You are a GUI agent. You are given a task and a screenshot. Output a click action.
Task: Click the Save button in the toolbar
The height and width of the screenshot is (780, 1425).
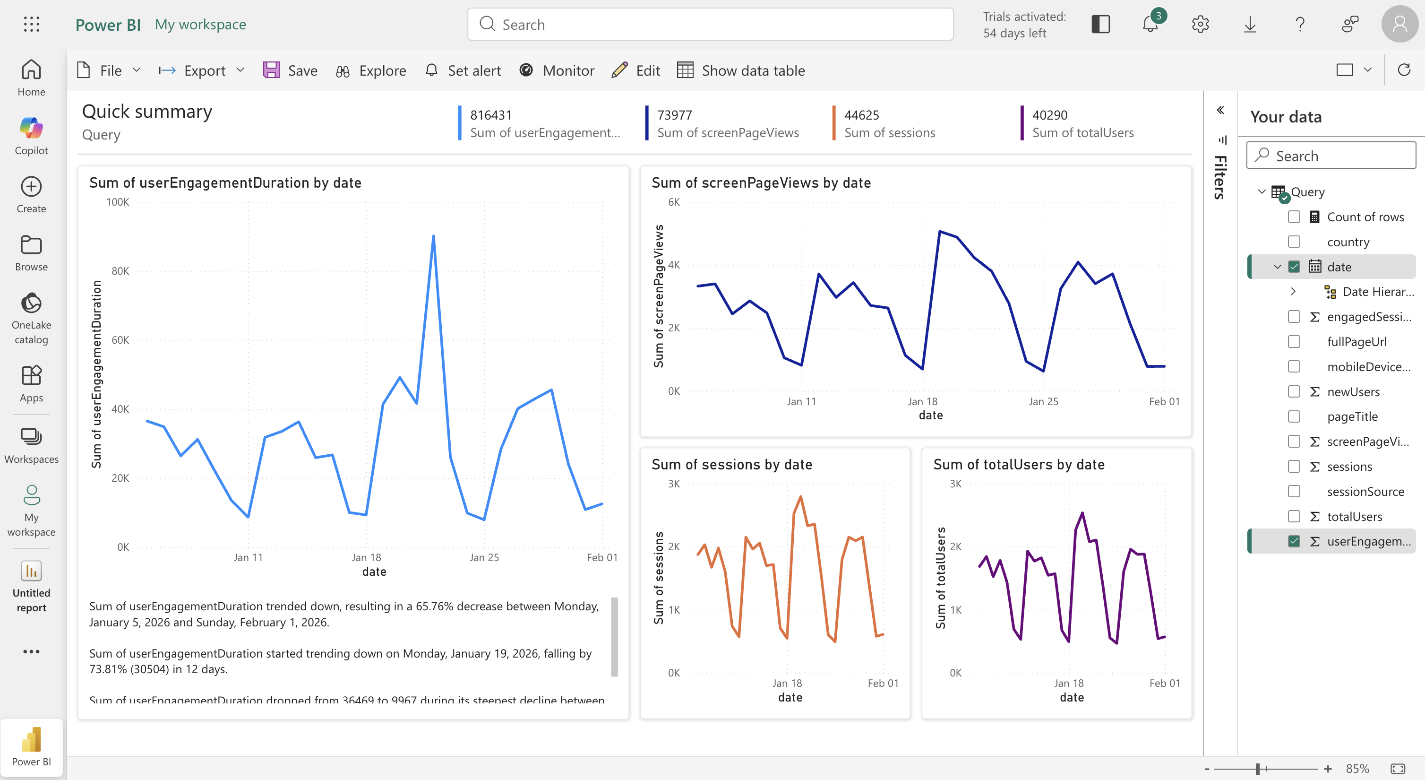pyautogui.click(x=291, y=70)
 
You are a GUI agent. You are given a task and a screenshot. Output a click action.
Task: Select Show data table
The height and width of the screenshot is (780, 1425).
pyautogui.click(x=741, y=70)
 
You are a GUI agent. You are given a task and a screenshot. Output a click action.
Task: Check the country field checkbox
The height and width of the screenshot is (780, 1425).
pyautogui.click(x=1294, y=242)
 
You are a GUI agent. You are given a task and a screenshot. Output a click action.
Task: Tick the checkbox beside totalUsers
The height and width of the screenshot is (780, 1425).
pyautogui.click(x=1294, y=517)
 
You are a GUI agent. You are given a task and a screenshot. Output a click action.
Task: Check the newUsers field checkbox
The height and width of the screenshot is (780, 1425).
pyautogui.click(x=1294, y=392)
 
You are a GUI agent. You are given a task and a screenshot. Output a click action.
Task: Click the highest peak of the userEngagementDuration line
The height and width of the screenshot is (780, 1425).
pyautogui.click(x=433, y=236)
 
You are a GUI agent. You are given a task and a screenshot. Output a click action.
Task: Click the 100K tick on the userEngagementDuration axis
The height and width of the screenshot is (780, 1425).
pyautogui.click(x=118, y=202)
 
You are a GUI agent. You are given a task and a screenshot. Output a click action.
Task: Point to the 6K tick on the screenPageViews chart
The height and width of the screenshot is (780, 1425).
pyautogui.click(x=674, y=202)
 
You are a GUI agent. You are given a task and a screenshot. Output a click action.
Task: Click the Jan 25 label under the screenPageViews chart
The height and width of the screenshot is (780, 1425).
pyautogui.click(x=1043, y=401)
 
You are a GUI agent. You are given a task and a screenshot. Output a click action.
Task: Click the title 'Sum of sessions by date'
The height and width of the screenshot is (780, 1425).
pyautogui.click(x=731, y=465)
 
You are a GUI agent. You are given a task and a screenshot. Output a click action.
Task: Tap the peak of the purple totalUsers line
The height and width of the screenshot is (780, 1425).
pyautogui.click(x=1082, y=513)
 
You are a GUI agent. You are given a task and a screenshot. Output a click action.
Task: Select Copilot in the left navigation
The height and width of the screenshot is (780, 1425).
pyautogui.click(x=32, y=136)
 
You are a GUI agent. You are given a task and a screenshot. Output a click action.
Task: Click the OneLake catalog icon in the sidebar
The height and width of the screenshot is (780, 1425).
pyautogui.click(x=32, y=303)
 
